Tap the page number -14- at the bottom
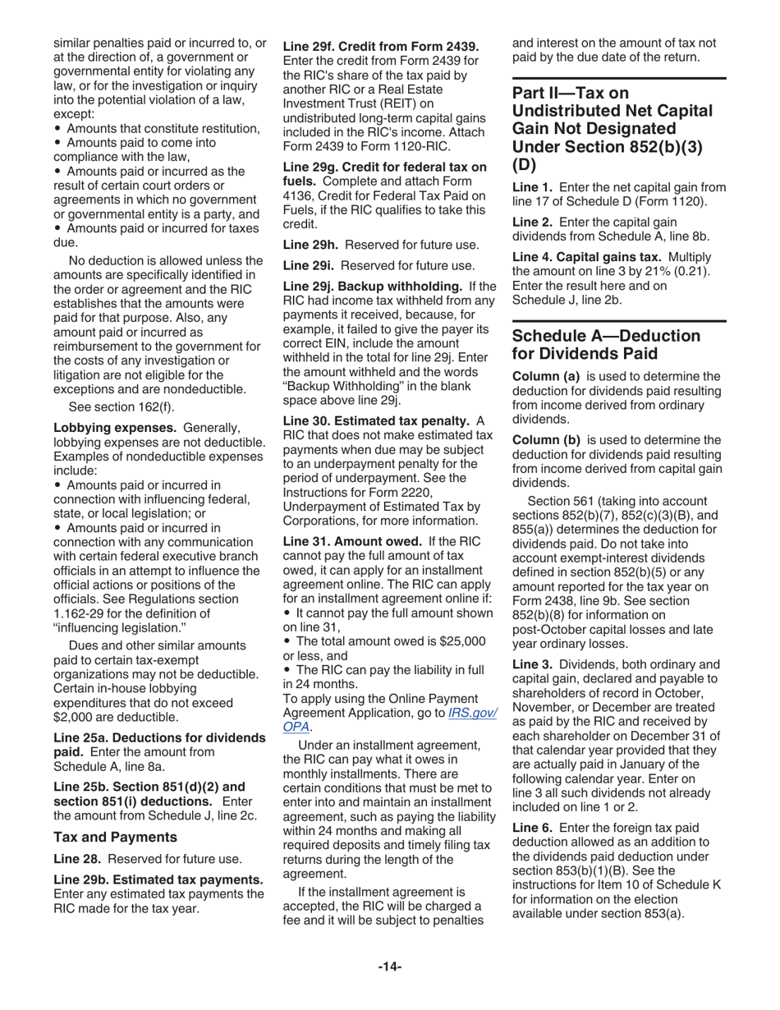tap(390, 966)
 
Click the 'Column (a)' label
tap(546, 376)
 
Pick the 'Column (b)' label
tap(546, 440)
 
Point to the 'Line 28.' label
tap(79, 859)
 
